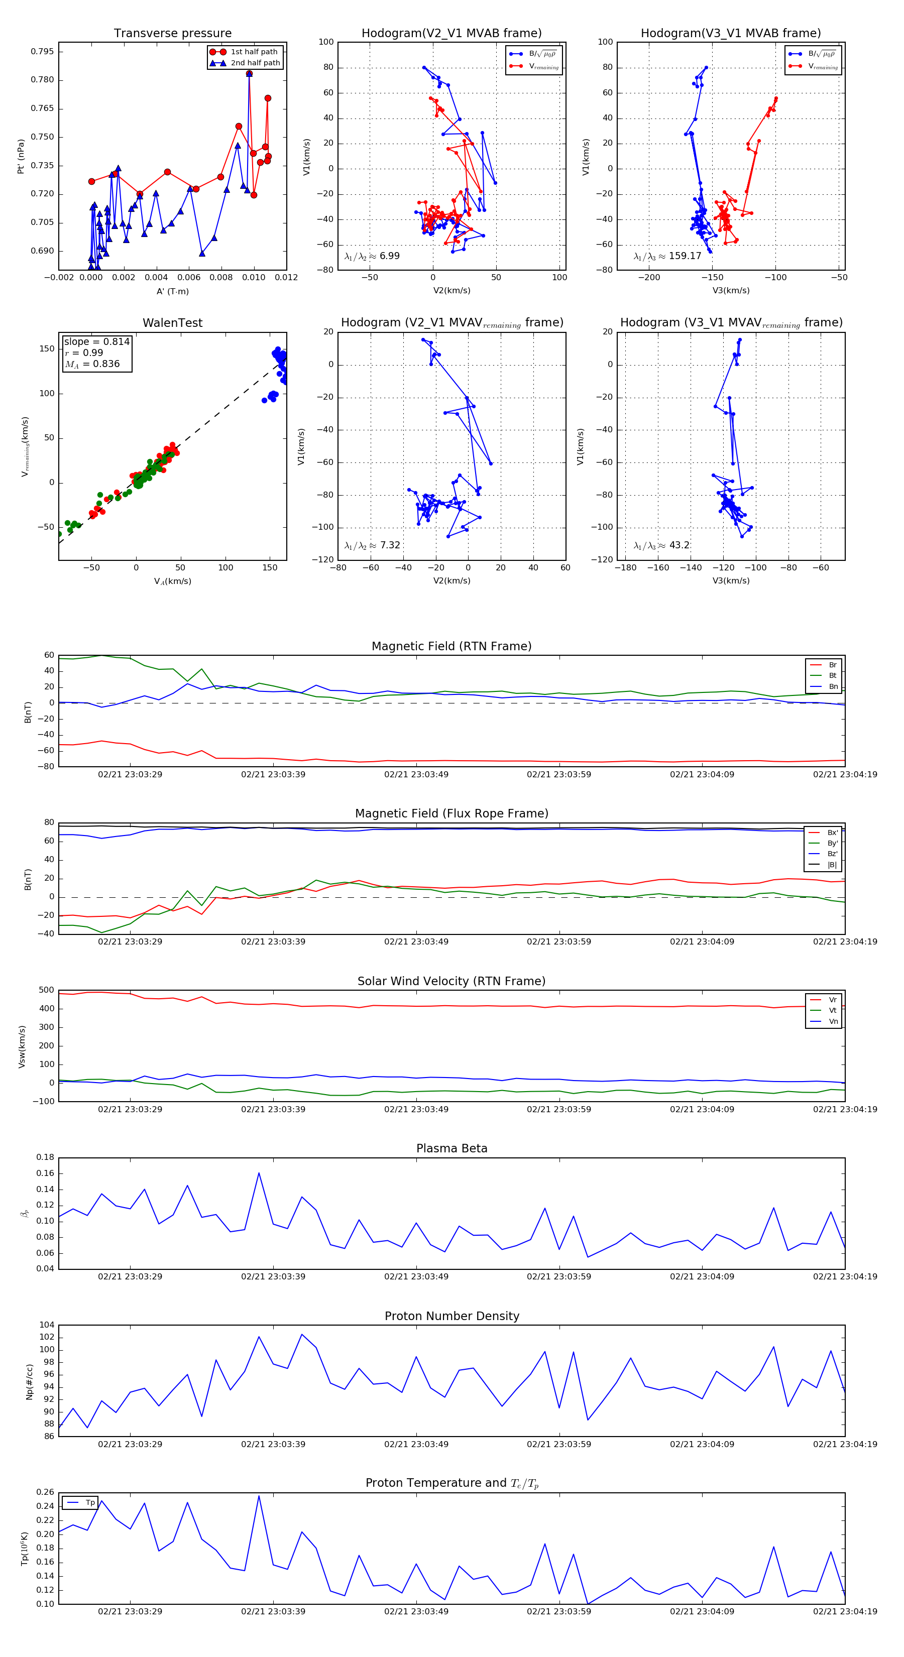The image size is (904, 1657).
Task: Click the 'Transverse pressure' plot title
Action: (172, 34)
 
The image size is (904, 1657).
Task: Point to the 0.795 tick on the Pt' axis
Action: (43, 51)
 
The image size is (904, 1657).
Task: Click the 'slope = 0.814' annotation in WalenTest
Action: (96, 341)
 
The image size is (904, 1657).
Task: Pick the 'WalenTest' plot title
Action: (172, 323)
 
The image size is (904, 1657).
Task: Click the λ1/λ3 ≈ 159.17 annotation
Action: (667, 256)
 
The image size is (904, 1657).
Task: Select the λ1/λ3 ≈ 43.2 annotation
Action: (661, 545)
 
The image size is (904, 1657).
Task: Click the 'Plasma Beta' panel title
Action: (451, 1148)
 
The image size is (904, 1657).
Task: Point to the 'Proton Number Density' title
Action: (451, 1316)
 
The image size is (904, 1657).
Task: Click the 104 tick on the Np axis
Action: (46, 1325)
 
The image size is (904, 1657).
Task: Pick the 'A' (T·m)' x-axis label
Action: (172, 291)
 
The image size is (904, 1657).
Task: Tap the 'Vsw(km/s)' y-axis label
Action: (23, 1046)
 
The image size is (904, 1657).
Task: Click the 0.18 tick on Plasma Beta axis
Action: (45, 1157)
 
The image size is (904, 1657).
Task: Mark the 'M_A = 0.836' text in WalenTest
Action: (92, 364)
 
